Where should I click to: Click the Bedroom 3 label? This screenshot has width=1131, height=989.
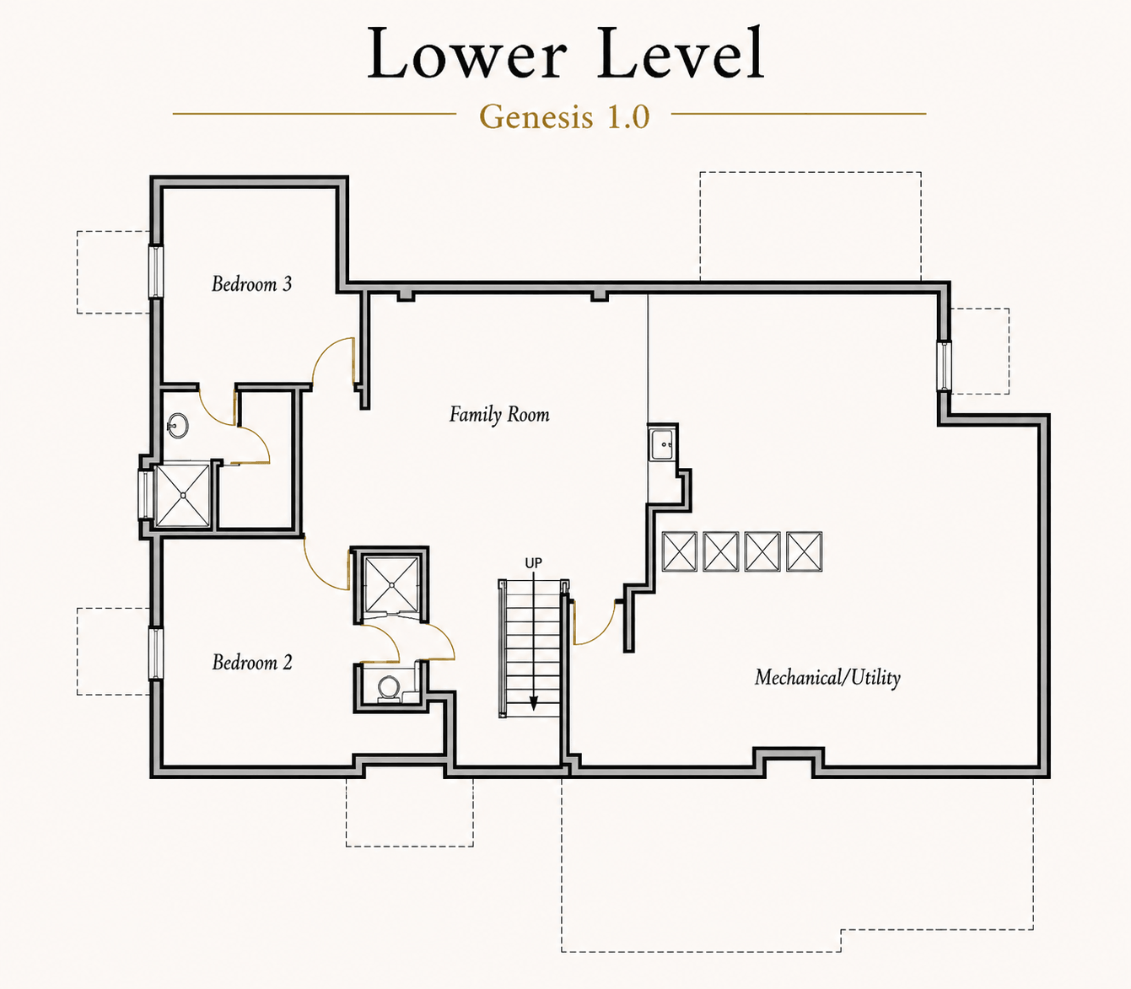point(251,284)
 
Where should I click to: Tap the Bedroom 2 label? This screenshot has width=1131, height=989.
point(252,662)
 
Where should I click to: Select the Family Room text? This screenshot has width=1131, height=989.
point(499,415)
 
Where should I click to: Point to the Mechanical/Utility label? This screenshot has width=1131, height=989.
point(827,677)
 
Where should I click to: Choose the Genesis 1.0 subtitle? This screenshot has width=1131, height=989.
point(564,116)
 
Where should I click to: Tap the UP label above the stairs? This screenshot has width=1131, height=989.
point(533,563)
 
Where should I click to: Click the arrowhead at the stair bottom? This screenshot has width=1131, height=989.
point(533,703)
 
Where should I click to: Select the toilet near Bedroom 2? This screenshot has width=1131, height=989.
point(389,689)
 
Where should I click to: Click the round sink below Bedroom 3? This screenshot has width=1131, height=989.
point(178,426)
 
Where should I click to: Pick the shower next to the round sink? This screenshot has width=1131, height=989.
point(182,495)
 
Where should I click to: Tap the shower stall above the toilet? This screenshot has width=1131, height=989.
point(391,585)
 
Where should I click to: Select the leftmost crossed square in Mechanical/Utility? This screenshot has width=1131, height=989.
point(680,551)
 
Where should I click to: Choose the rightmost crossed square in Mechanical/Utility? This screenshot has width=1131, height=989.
point(805,551)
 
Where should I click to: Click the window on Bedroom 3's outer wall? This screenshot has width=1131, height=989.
point(156,271)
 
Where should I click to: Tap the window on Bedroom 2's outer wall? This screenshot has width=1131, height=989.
point(156,653)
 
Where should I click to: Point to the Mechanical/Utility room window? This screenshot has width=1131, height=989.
point(944,366)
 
